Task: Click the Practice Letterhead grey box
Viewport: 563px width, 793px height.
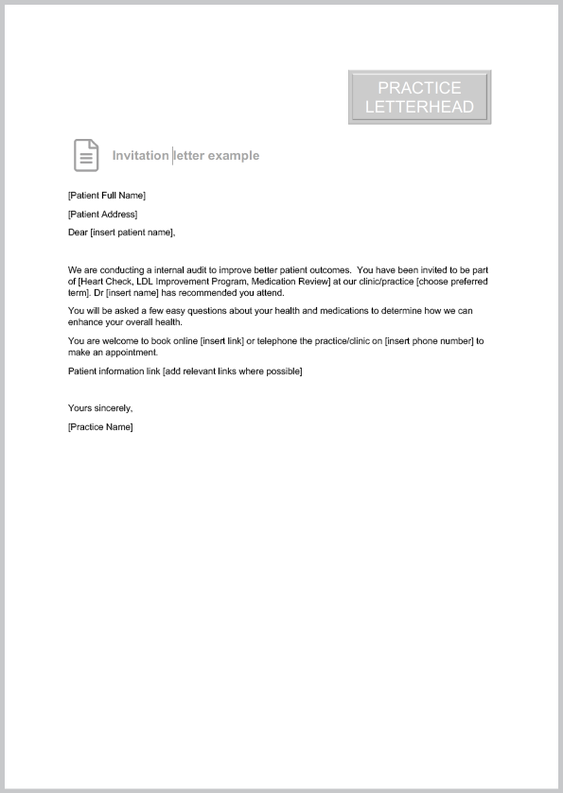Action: tap(419, 97)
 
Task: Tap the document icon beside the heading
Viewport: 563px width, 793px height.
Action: tap(86, 155)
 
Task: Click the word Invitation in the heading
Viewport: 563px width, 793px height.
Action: tap(140, 155)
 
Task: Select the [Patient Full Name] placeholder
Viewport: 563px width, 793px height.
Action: tap(107, 196)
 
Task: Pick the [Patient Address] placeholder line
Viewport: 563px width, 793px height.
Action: tap(103, 215)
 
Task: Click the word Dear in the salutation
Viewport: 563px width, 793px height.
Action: tap(78, 233)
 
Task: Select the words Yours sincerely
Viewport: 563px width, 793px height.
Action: tap(100, 408)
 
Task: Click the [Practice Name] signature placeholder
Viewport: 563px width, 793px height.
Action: tap(101, 427)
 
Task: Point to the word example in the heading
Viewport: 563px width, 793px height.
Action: tap(234, 155)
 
